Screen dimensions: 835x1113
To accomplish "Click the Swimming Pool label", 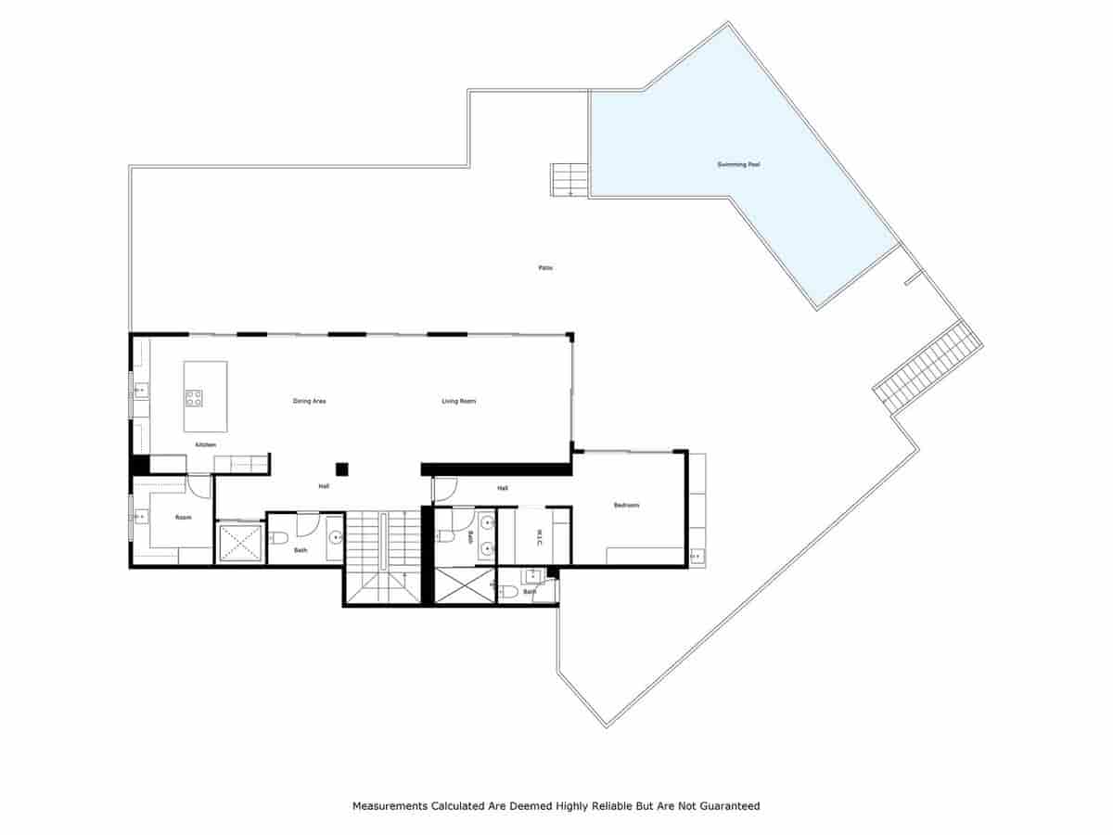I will click(738, 164).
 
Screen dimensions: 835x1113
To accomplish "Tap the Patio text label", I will click(545, 268).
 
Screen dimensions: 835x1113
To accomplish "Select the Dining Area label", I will click(309, 401).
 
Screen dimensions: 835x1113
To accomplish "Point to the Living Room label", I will click(458, 401).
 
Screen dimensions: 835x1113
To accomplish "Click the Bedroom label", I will click(626, 505).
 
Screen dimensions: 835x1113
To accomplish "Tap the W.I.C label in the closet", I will click(539, 537).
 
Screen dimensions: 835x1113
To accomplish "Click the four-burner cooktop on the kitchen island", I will click(194, 398).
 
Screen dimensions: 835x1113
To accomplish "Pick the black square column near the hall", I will click(341, 469).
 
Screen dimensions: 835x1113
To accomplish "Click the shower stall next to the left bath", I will click(240, 544).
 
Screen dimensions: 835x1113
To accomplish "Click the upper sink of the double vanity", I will click(488, 523).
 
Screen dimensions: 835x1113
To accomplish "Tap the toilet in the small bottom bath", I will click(507, 591).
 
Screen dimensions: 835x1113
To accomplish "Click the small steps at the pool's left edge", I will click(569, 180).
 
